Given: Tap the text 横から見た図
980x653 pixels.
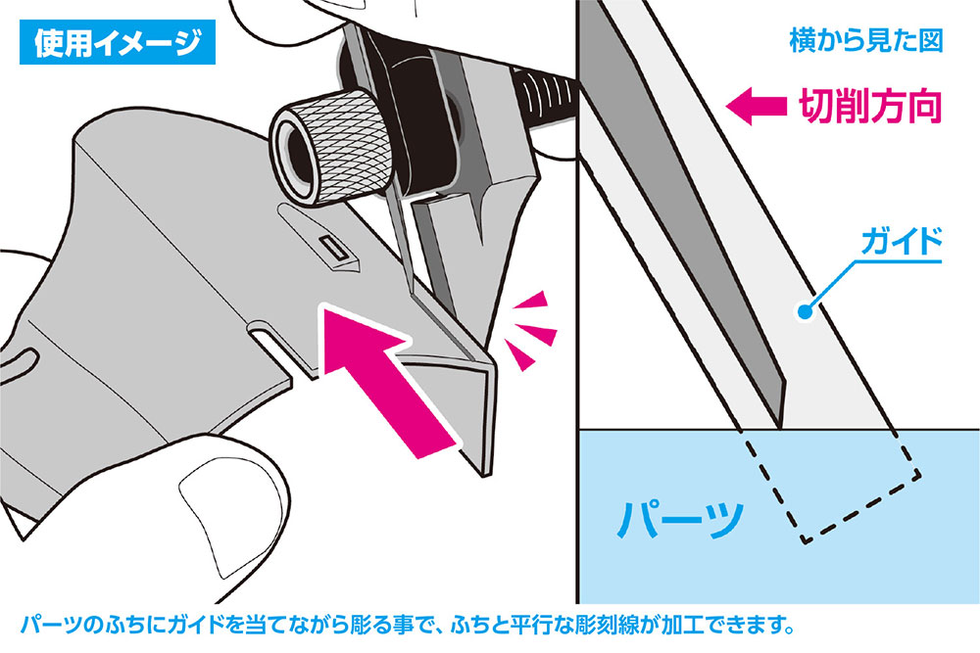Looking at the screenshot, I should (x=864, y=43).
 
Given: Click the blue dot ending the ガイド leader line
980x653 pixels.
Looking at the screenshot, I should (x=806, y=312).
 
